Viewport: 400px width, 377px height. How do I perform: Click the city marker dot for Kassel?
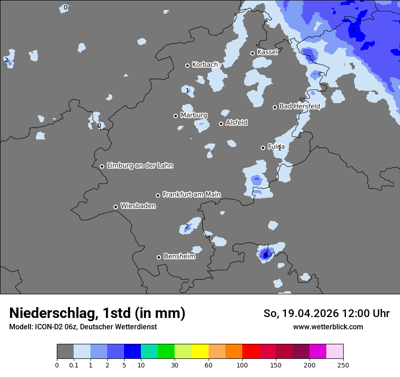(253, 53)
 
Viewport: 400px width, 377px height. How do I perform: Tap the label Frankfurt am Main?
(191, 194)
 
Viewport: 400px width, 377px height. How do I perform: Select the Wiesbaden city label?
(138, 206)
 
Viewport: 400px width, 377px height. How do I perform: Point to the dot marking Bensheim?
(159, 257)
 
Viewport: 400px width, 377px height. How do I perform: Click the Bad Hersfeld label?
(299, 106)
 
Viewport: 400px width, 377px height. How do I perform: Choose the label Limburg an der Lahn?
(140, 165)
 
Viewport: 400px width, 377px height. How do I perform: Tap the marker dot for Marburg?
(175, 116)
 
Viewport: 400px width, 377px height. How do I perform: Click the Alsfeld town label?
(236, 123)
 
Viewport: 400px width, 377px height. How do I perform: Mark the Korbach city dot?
(187, 65)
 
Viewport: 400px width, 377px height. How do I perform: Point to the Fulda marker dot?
(263, 148)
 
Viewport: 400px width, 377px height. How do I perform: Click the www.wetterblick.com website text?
(328, 327)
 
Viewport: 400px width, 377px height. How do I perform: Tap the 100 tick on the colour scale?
(242, 365)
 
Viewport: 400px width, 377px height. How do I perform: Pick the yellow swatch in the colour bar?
(200, 352)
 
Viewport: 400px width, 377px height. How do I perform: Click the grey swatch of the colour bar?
(65, 352)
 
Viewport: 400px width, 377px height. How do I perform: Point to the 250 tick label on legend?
(343, 365)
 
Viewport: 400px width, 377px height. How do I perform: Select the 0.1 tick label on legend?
(74, 365)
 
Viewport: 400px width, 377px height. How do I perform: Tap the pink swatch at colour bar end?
(335, 352)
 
